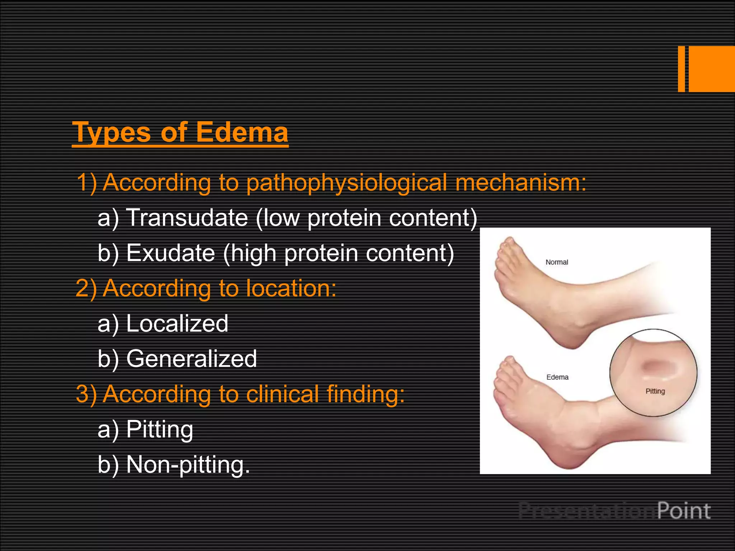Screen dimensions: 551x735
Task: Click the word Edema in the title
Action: (x=242, y=132)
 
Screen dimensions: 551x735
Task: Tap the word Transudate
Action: (x=187, y=218)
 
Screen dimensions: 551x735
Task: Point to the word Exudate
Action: (x=170, y=253)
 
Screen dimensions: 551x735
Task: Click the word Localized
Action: (x=177, y=323)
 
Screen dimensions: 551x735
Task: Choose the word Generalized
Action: (x=191, y=358)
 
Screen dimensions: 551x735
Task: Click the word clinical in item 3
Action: (x=283, y=394)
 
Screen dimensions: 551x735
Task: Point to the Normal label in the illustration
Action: (x=557, y=262)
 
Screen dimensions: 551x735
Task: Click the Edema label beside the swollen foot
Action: (x=557, y=377)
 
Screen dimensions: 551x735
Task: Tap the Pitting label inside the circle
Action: (x=655, y=391)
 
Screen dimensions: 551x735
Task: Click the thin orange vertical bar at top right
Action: (x=681, y=69)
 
